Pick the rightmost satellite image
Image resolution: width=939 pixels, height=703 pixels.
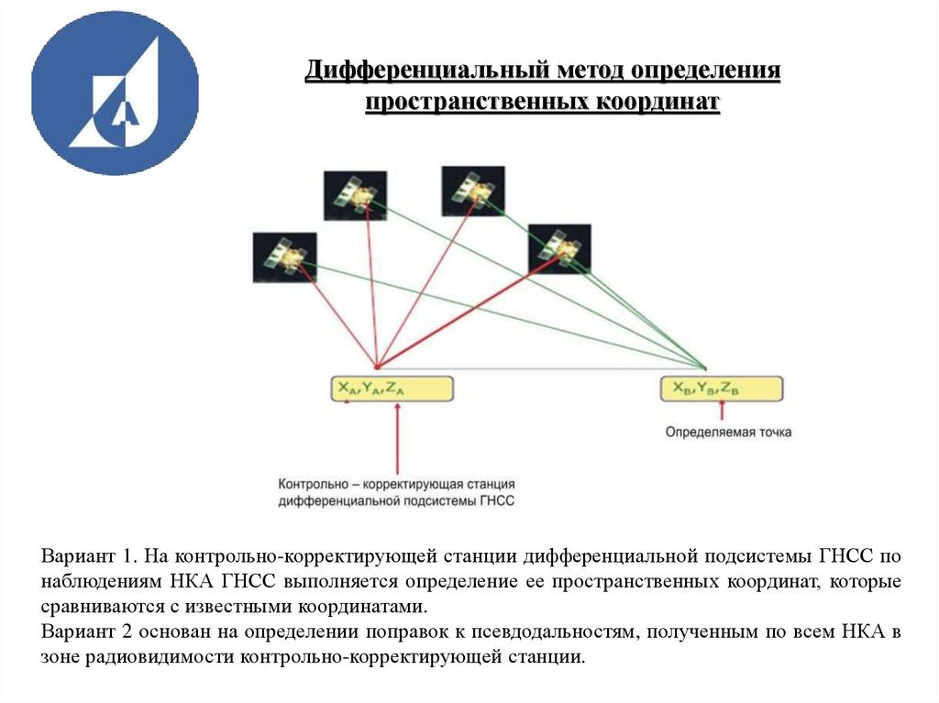coord(559,248)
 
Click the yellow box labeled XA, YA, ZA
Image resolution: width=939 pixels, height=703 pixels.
coord(392,389)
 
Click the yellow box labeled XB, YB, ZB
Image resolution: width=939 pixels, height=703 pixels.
coord(722,389)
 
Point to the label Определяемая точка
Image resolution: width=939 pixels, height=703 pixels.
coord(728,431)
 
